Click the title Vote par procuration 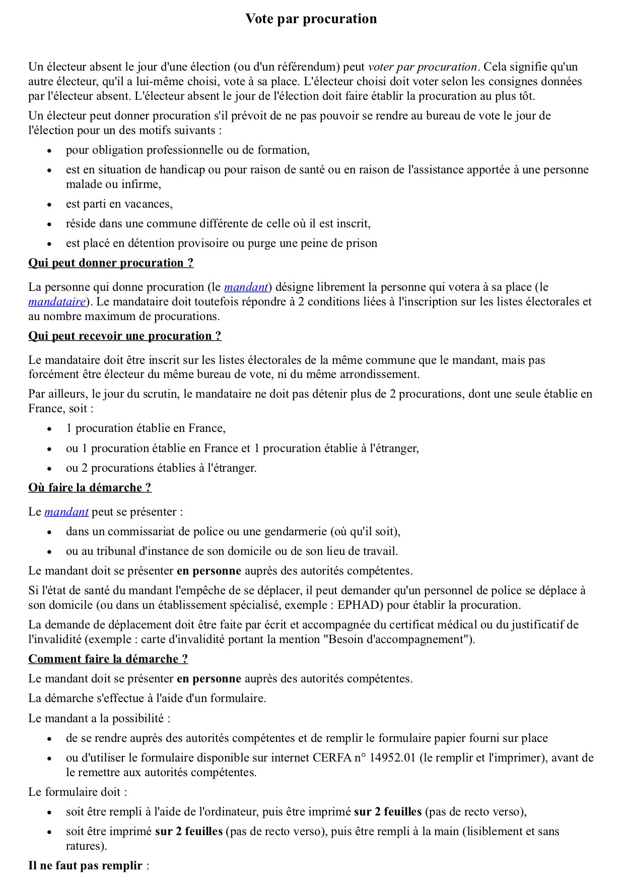[311, 19]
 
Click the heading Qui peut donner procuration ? [111, 263]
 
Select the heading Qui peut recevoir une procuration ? [124, 336]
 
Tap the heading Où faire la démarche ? [90, 487]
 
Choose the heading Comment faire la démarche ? [108, 659]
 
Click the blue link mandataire [57, 301]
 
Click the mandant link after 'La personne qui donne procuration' [246, 287]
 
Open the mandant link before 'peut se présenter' [66, 512]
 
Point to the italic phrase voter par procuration [422, 67]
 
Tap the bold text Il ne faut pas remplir [85, 865]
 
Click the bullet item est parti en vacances [119, 204]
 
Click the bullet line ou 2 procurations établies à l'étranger [161, 468]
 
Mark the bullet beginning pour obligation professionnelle [187, 150]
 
